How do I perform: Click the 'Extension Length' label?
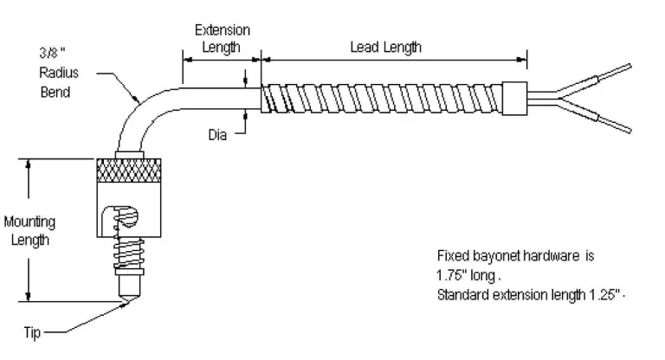(x=221, y=38)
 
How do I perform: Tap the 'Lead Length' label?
(x=385, y=47)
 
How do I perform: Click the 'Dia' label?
(x=218, y=134)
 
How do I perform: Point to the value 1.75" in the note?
(x=454, y=275)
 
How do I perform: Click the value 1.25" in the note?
(x=600, y=294)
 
